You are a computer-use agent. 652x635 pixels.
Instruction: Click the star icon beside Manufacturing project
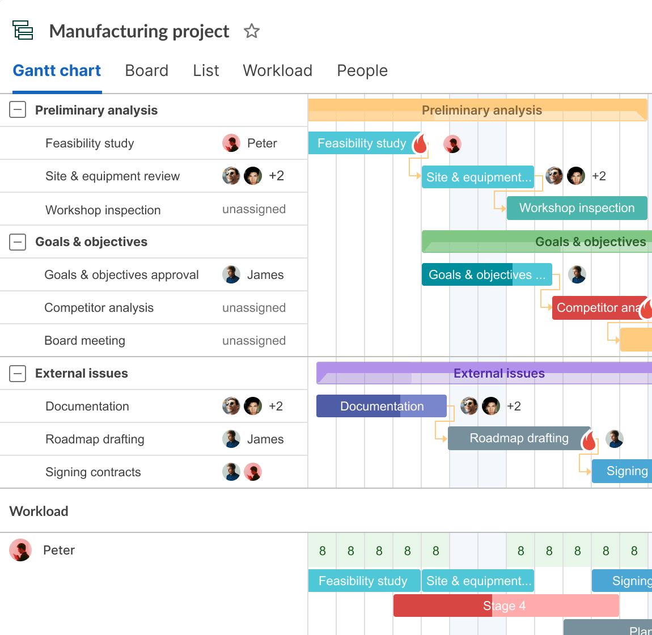(252, 31)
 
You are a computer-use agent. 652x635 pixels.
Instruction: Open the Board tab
(146, 70)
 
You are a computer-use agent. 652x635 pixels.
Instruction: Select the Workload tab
(277, 70)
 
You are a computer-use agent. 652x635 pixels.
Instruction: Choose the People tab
(362, 70)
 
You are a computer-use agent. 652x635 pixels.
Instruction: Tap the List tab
(206, 70)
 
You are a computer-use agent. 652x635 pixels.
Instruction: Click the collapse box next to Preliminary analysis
(18, 110)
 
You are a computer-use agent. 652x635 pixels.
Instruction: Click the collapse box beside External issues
(18, 373)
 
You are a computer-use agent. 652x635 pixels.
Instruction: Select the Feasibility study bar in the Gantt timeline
(361, 143)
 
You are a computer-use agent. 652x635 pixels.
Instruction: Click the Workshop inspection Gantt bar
(577, 208)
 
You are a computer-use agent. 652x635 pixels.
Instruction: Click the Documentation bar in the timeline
(381, 406)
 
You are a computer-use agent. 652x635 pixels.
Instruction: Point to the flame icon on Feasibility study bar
(420, 144)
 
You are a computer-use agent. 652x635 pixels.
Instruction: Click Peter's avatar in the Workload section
(20, 550)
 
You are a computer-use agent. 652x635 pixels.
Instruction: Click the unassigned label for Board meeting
(253, 341)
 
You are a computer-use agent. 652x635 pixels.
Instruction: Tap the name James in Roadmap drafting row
(265, 439)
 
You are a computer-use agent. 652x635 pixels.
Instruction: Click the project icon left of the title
(23, 30)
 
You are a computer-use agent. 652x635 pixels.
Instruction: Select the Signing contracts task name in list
(93, 472)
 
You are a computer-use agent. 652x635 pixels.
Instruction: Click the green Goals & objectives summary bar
(536, 242)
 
